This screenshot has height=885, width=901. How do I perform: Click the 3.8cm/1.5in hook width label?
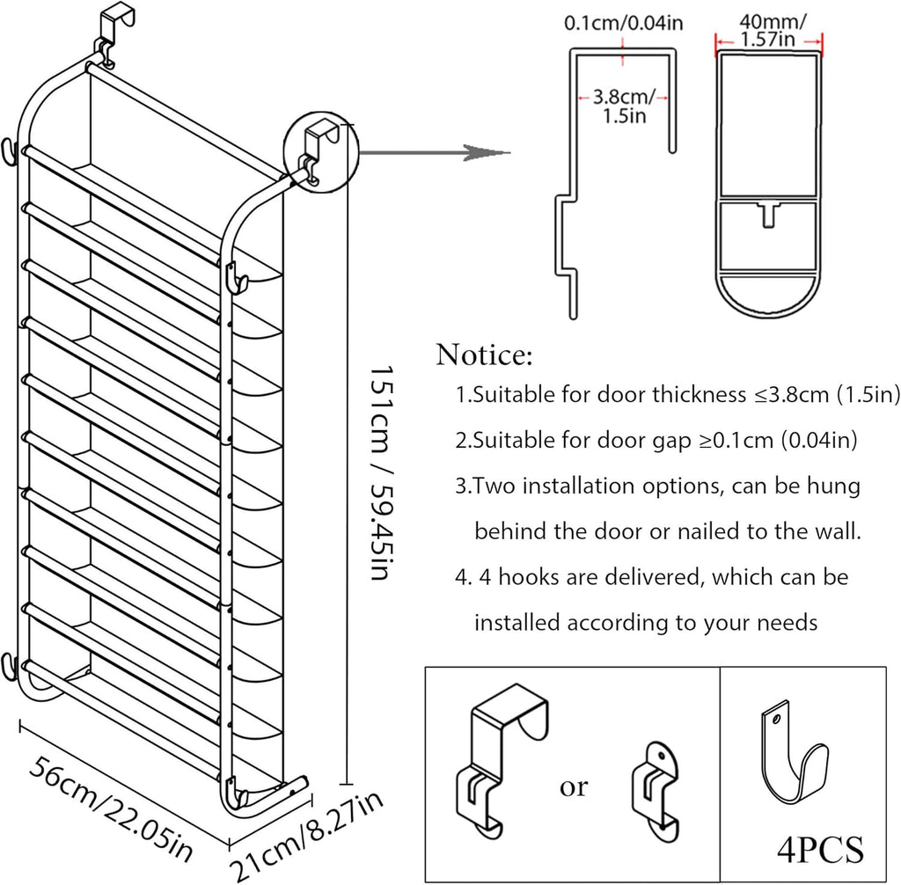point(622,106)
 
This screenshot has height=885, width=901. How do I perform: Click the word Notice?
point(484,356)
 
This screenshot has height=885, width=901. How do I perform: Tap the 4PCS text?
point(820,850)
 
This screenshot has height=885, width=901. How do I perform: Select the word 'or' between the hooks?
point(574,786)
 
